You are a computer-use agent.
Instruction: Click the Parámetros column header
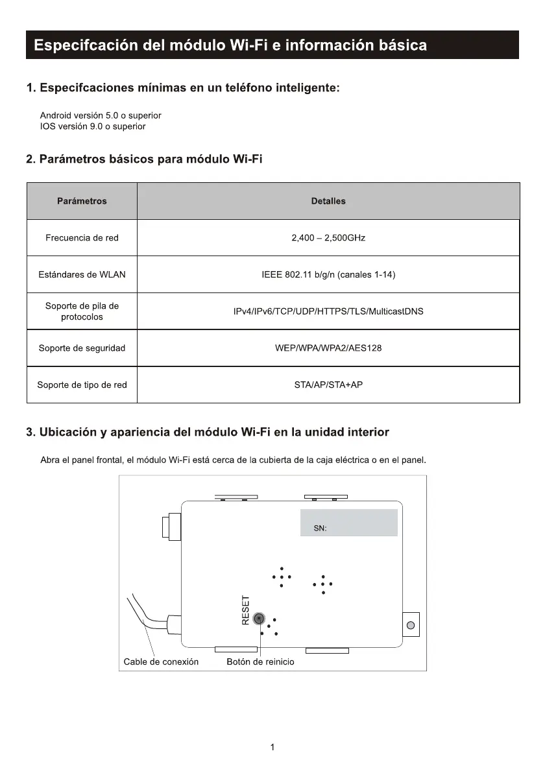click(82, 201)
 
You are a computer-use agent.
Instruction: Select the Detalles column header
click(328, 201)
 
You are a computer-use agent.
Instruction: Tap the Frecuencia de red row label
click(82, 238)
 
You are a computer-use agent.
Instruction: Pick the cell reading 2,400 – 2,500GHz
click(328, 238)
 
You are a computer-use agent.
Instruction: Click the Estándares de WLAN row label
click(82, 274)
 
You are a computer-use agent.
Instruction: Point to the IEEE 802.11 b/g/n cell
click(328, 274)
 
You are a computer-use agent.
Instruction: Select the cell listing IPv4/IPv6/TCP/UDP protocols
click(328, 311)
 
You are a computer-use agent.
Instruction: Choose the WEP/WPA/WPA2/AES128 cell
click(328, 348)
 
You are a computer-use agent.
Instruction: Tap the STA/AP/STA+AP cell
click(328, 385)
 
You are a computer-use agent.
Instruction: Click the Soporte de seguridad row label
click(82, 348)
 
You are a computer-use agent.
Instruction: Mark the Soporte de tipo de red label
click(82, 385)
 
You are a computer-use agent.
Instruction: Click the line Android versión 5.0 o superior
click(101, 115)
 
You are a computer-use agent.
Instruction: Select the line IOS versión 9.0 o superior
click(93, 126)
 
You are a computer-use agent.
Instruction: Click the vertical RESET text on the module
click(246, 611)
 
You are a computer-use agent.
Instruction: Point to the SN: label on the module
click(320, 529)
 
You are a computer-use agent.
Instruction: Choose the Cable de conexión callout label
click(161, 662)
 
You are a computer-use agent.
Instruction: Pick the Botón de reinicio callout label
click(260, 662)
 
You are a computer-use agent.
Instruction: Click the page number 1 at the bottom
click(272, 748)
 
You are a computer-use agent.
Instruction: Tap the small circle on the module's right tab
click(410, 625)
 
